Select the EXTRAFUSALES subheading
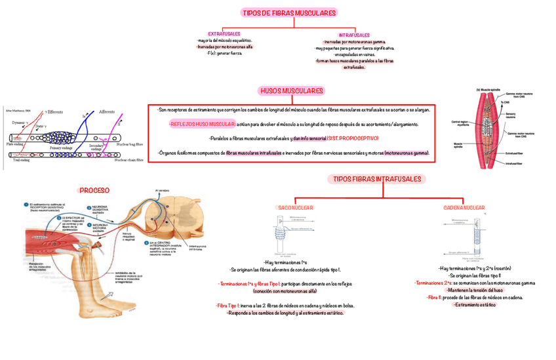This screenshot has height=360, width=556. coord(224,33)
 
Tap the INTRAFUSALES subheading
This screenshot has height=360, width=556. coord(353,35)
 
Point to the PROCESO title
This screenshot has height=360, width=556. coord(94,190)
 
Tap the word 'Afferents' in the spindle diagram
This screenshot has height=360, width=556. coord(106,113)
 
